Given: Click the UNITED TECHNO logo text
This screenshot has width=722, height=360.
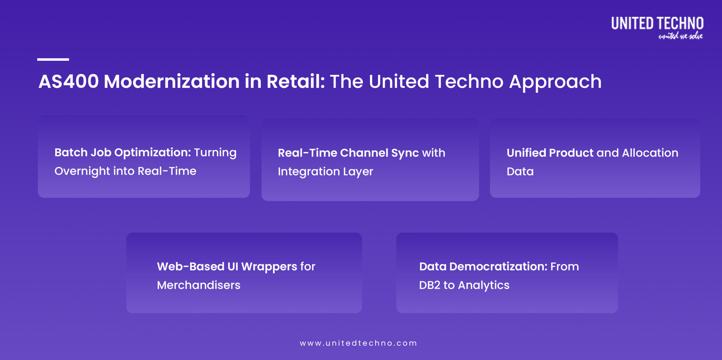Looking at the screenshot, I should coord(657,23).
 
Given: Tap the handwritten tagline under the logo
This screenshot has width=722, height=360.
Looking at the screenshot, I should coord(680,36).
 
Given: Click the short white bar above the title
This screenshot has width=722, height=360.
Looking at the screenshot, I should coord(53,60).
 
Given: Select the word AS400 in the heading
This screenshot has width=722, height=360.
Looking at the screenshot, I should coord(69,82).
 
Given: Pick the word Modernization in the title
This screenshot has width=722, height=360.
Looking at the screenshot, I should coord(171,82).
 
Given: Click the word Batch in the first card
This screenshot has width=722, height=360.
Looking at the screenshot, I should coord(71,153).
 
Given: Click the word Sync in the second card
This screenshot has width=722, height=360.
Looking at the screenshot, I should coord(405,153).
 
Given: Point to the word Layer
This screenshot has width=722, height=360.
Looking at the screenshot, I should coord(358,172).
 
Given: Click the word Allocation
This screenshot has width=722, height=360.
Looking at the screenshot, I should coord(650,153).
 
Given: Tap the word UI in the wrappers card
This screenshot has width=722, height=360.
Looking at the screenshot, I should coord(233,267).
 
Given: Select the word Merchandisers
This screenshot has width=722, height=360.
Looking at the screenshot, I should coord(199,285).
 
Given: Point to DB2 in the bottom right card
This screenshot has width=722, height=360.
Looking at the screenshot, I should coord(430,285).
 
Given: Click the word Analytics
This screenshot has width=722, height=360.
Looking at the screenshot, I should coord(484,286).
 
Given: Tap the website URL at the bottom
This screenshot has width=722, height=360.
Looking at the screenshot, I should coord(358,343).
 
